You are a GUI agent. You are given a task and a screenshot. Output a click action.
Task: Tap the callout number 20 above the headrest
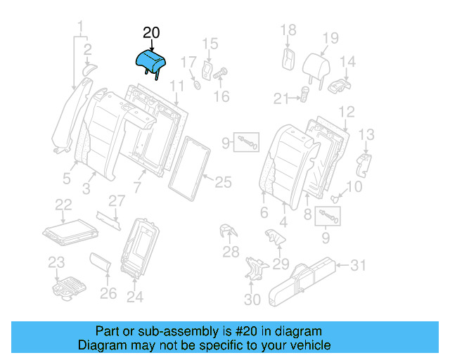coord(151,33)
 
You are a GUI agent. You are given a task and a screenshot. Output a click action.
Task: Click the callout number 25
coord(222,183)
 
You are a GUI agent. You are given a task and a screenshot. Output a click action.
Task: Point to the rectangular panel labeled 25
coord(189,166)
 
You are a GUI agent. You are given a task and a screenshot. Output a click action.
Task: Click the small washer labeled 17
coord(198,86)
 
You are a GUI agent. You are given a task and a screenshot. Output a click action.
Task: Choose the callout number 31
coord(359,265)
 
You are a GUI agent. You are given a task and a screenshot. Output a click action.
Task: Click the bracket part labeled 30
coord(254,271)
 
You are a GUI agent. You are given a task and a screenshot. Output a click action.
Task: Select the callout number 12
coord(346,112)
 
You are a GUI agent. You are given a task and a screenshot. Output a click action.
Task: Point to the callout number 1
coord(81,27)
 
